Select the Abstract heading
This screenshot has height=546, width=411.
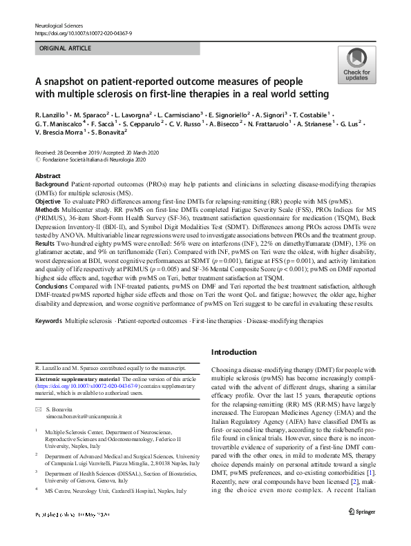click(47, 177)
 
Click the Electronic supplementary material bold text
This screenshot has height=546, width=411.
click(77, 379)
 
